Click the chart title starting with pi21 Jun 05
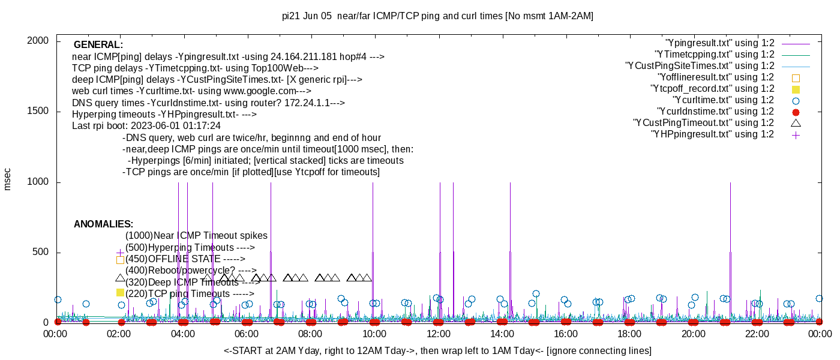[437, 16]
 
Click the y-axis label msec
[8, 179]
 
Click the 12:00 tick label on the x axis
[438, 334]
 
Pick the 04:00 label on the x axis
[182, 334]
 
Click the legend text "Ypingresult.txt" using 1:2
[719, 43]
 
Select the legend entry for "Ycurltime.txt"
[723, 100]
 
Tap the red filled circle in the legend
[796, 112]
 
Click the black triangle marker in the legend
[796, 123]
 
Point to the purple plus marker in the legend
[796, 135]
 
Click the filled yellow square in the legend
[796, 89]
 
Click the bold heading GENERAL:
[98, 45]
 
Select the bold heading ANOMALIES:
[103, 224]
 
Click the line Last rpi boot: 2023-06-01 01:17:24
[146, 126]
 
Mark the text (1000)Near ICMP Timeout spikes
[196, 236]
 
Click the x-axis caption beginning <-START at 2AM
[437, 350]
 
